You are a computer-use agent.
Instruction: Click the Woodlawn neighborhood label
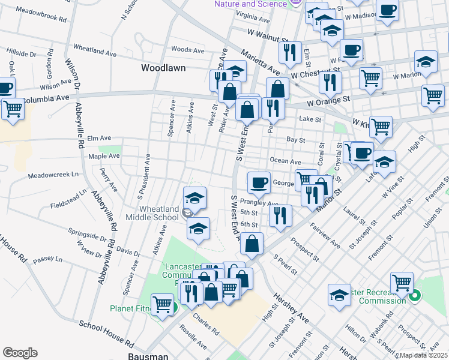click(x=163, y=68)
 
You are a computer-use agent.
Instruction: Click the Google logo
click(x=20, y=352)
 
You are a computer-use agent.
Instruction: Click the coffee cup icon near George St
click(x=259, y=182)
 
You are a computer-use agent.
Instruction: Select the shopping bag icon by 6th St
click(x=253, y=243)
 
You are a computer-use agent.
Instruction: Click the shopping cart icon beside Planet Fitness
click(x=162, y=304)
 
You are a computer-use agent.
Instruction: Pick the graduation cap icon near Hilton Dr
click(x=339, y=295)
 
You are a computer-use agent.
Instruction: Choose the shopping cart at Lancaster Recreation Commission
click(x=402, y=283)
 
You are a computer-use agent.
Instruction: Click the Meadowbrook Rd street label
click(x=41, y=14)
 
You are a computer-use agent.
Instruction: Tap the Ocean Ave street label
click(x=285, y=161)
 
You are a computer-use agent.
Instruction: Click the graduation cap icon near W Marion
click(x=426, y=62)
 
